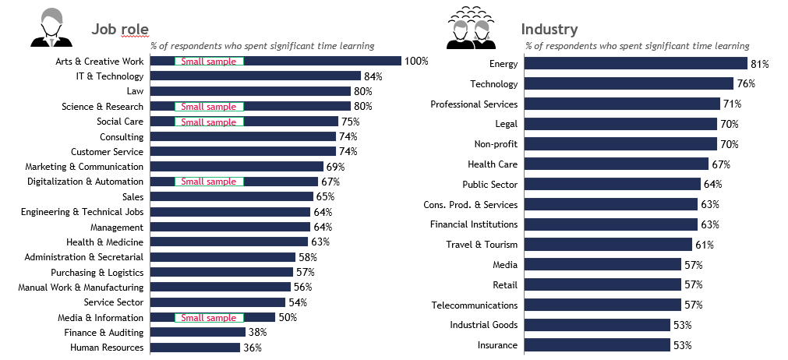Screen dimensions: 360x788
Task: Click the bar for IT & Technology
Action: tap(255, 76)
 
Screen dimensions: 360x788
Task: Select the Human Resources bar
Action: tap(195, 348)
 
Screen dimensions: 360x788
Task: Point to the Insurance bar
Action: tap(597, 345)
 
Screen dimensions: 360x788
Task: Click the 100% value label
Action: tap(416, 62)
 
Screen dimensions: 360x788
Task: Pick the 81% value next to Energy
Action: tap(759, 64)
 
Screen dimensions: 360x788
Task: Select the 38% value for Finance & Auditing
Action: tap(258, 333)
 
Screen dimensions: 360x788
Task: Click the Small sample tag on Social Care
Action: tap(209, 122)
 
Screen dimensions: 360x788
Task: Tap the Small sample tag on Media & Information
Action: tap(209, 318)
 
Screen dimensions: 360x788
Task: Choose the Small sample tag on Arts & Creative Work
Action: tap(209, 62)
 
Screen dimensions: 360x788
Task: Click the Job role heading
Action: tap(120, 30)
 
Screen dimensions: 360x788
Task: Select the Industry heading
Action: tap(549, 30)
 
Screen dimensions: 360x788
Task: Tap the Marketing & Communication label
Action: tap(84, 167)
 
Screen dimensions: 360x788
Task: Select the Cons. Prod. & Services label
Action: tap(470, 205)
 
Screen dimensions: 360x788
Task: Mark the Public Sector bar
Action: tap(612, 185)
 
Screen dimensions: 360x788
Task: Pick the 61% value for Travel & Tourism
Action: tap(705, 245)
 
